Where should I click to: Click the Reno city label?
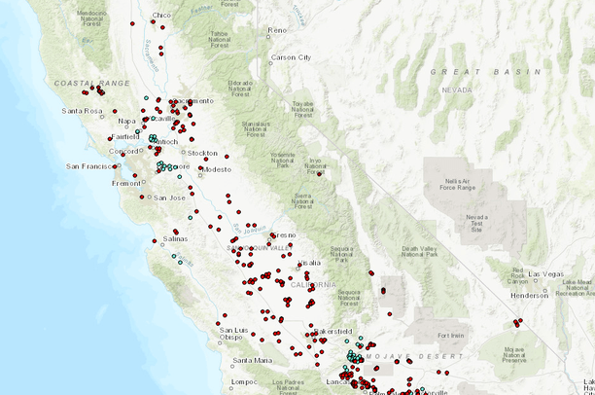pos(277,30)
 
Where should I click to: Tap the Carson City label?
pos(291,57)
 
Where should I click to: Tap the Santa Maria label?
pos(252,360)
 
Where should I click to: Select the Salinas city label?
pos(175,238)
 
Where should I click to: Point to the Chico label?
pos(161,16)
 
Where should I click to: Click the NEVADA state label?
pos(456,90)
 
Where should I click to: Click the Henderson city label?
pos(530,296)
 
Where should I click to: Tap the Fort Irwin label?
pos(451,336)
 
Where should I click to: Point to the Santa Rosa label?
pos(83,111)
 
